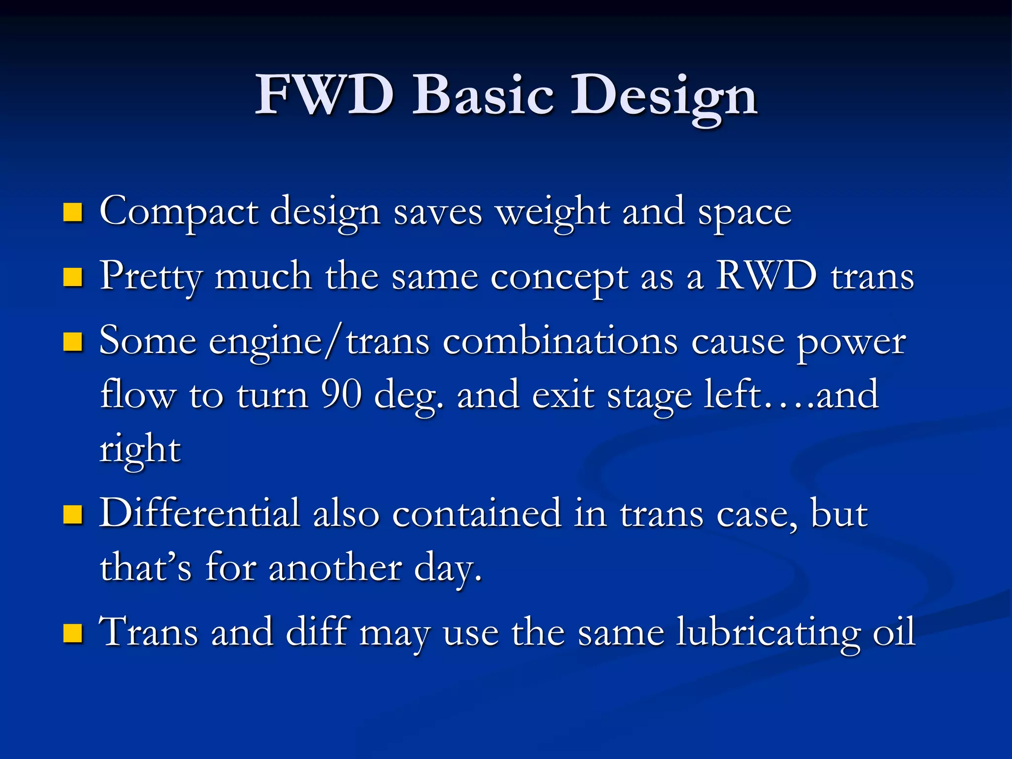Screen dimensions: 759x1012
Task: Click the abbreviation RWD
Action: pos(766,276)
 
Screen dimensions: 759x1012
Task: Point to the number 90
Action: pos(341,395)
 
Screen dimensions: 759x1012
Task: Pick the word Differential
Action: pos(200,513)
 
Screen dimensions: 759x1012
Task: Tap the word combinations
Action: pos(560,341)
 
